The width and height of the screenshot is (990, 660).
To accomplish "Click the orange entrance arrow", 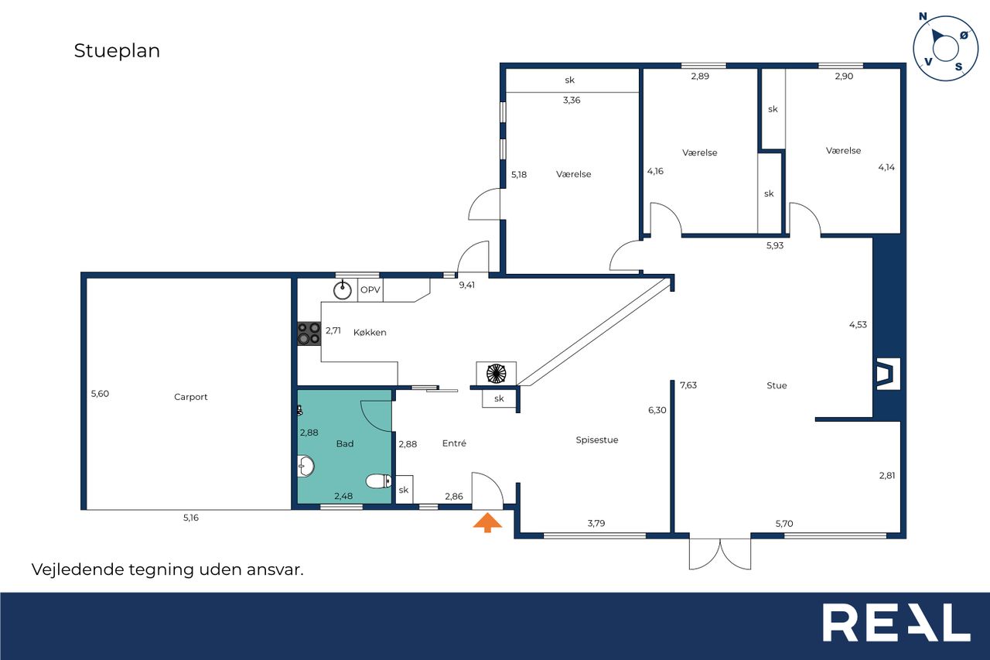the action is [x=487, y=522].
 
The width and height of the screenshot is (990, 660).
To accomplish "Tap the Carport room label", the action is [x=190, y=397].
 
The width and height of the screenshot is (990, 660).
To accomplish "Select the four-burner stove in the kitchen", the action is [x=309, y=333].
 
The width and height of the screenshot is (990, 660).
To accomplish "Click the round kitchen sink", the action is [x=342, y=290].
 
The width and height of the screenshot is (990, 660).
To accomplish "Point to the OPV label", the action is [x=370, y=290].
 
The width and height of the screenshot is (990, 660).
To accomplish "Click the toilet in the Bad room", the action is [x=379, y=481].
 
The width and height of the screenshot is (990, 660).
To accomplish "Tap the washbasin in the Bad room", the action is [x=306, y=466].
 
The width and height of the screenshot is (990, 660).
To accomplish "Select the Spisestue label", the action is [x=596, y=439].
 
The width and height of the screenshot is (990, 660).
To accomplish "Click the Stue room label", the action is [x=777, y=385].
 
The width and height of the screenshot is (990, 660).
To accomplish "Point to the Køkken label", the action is [x=370, y=333].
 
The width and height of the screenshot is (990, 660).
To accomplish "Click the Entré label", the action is [x=454, y=443].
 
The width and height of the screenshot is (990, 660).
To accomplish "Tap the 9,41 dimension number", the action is [x=466, y=286].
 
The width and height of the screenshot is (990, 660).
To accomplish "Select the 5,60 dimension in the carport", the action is [x=100, y=393].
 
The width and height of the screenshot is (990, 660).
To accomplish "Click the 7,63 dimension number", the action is [x=688, y=385].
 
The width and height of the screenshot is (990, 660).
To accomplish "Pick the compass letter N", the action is [x=923, y=16].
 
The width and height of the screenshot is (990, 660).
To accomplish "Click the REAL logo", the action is [x=896, y=622].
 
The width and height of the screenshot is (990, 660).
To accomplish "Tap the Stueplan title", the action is [x=117, y=51].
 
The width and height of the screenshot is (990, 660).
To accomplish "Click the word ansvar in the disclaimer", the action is [x=275, y=569].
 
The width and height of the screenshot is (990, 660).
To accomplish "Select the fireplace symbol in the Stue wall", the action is [x=888, y=374].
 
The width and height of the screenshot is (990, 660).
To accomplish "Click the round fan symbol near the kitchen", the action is [x=496, y=374].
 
